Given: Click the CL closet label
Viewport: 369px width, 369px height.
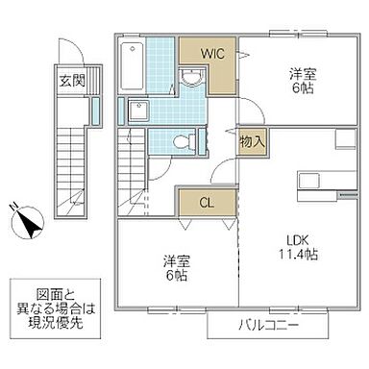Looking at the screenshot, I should (x=207, y=203).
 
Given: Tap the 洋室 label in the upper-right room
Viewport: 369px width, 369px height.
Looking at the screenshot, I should (x=303, y=73).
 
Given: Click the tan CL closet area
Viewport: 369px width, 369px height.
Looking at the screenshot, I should (x=206, y=203).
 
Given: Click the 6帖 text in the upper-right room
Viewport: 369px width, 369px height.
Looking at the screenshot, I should (x=303, y=88).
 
